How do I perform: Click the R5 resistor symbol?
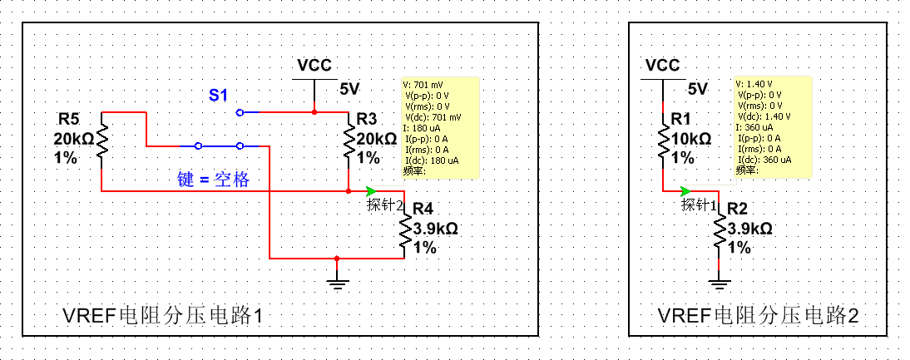coord(102,138)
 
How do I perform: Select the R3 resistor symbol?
coord(348,138)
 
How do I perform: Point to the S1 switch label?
coord(218,95)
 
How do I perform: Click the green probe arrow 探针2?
coord(370,190)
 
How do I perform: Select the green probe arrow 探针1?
coord(685,190)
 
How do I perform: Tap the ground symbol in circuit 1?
coord(336,284)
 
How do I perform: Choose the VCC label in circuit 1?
coord(314,66)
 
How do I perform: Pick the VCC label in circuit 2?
coord(663,66)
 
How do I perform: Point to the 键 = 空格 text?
coord(213,180)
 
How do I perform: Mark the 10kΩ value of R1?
coord(690,138)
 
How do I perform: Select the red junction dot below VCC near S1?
coord(314,111)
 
